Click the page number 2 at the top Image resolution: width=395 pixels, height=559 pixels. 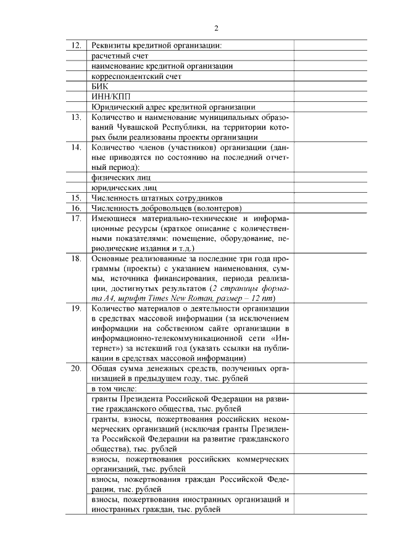pos(217,27)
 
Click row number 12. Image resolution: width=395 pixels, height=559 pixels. pos(77,45)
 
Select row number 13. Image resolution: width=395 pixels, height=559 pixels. pos(77,117)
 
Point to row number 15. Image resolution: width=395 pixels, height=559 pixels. pos(77,198)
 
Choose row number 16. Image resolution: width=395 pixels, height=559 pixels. pos(77,208)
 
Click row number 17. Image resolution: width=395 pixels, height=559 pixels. pos(77,218)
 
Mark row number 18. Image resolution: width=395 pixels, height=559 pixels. pos(77,258)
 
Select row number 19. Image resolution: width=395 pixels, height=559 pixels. pos(77,308)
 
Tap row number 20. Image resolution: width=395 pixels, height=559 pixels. pos(77,368)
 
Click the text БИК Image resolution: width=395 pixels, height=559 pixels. pos(99,86)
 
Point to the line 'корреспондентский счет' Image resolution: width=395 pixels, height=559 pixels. pos(135,76)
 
